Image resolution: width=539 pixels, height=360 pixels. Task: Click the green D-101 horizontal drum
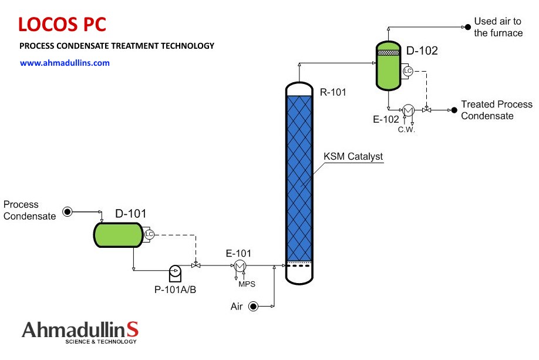coord(118,235)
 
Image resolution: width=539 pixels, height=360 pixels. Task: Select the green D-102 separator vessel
coord(389,66)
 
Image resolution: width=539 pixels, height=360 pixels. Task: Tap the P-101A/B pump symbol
coord(176,273)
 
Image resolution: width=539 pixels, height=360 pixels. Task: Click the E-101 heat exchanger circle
coord(240,266)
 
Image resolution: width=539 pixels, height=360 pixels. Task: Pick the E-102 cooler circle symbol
coord(408,110)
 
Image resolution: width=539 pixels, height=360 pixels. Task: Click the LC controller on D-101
coord(149,234)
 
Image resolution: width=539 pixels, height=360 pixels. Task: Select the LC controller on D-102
coord(407,71)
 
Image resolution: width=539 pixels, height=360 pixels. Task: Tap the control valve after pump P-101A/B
coord(196,265)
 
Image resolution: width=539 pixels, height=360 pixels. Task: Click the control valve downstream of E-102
coord(427,110)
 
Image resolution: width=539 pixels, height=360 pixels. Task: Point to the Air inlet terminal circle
coord(253,306)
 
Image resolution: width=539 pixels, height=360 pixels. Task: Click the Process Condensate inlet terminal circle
coord(68,211)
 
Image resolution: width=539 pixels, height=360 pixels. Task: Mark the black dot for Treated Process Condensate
coord(454,110)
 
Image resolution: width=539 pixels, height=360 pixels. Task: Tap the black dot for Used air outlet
coord(468,27)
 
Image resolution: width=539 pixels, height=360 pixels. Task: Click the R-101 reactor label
coord(333,92)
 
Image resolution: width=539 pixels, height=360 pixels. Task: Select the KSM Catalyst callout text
coord(353,156)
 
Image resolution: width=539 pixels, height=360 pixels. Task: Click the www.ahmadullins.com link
coord(65,63)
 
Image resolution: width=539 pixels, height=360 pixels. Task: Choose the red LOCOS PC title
coord(62,25)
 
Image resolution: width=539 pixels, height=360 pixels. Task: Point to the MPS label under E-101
coord(247,284)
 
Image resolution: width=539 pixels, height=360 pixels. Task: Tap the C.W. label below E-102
coord(406,130)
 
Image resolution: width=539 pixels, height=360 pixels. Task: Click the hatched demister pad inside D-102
coord(389,53)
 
